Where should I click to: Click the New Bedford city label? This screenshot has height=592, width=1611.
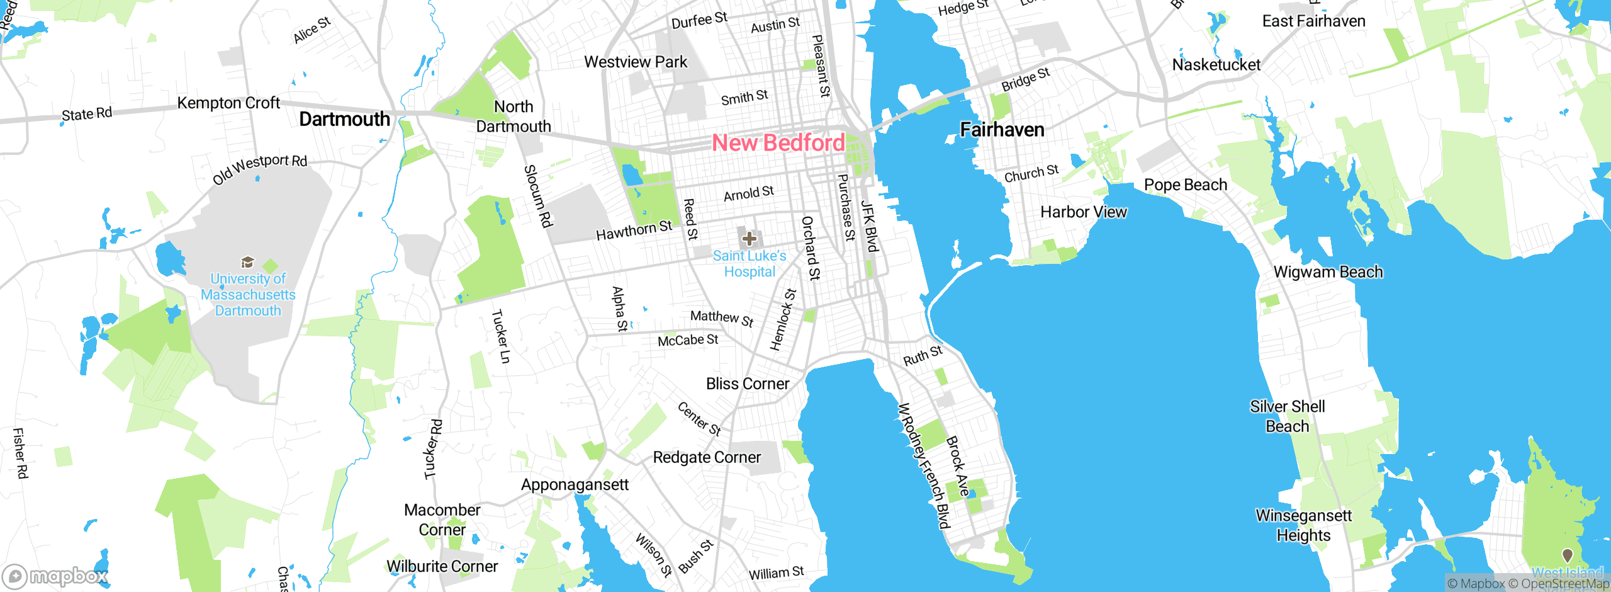pos(778,143)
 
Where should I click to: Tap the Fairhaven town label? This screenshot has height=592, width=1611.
pos(1002,130)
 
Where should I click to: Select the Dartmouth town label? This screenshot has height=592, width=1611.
pos(344,119)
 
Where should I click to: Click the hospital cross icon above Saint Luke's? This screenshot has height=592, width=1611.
pos(749,239)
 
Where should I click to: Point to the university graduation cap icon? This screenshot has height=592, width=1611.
pos(247,262)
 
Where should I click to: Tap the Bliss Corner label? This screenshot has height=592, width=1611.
pos(747,384)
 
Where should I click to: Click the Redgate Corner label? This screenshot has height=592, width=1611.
pos(707,457)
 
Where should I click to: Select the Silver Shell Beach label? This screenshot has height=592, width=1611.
pos(1287,416)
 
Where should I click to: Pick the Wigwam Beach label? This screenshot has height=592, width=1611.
pos(1328,272)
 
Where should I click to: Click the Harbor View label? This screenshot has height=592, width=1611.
pos(1083,212)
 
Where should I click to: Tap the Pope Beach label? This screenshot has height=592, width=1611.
pos(1186,185)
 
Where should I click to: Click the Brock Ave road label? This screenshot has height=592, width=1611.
pos(958,466)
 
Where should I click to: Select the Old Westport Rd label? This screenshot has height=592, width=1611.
pos(260,169)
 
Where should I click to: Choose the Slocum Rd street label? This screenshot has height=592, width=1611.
pos(539,196)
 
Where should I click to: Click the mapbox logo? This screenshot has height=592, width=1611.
pos(55,576)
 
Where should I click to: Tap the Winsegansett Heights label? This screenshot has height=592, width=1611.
pos(1303,525)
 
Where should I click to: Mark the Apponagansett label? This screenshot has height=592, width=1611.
pos(575,484)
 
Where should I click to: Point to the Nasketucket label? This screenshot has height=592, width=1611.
pos(1216,64)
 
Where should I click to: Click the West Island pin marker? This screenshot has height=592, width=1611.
pos(1567,555)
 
